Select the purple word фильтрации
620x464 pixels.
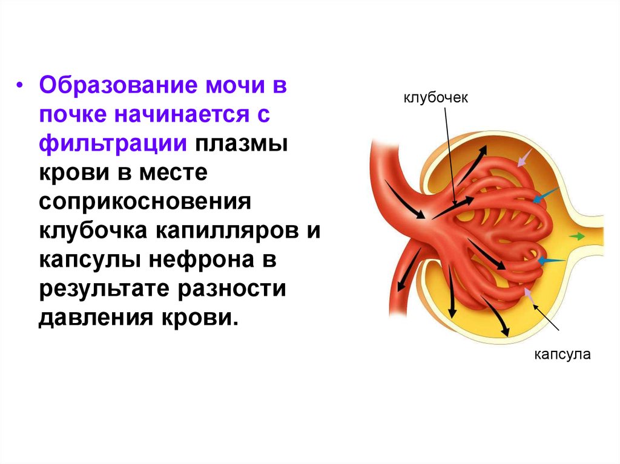(112, 144)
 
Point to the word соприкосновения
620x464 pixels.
(145, 202)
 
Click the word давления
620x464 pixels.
(96, 318)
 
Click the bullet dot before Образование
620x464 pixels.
(20, 86)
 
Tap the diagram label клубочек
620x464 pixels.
(436, 98)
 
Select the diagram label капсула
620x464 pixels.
(561, 355)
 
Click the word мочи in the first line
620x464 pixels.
(228, 86)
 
